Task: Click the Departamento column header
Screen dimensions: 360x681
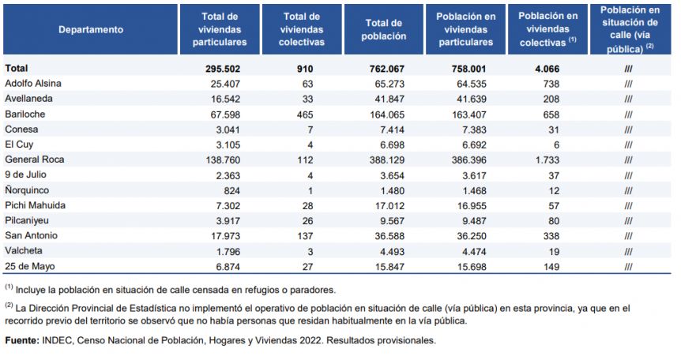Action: point(91,29)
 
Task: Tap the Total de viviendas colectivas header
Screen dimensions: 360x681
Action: point(302,29)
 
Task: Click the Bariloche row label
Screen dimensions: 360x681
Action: point(26,114)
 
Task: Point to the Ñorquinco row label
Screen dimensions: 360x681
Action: point(28,189)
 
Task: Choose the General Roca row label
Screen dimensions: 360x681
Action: point(35,159)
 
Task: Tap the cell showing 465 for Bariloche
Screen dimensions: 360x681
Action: point(305,114)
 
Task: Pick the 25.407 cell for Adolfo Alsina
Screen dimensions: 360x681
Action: point(223,83)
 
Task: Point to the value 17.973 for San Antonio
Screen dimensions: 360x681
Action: point(223,235)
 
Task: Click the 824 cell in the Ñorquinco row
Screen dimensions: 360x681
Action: point(231,189)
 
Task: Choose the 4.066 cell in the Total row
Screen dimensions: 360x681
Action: point(544,68)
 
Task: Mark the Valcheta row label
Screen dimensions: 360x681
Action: point(24,250)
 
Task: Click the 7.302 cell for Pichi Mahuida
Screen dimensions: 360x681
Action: point(226,205)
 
